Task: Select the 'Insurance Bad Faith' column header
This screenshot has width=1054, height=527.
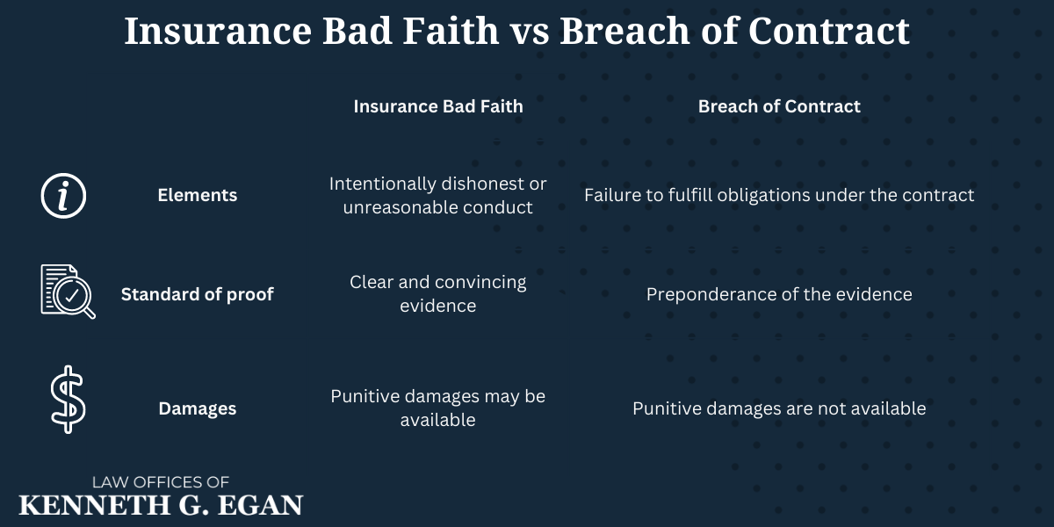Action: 437,106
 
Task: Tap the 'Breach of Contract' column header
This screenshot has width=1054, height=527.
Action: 779,106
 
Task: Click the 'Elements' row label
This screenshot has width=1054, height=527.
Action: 197,195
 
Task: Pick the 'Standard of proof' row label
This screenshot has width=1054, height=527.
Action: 197,294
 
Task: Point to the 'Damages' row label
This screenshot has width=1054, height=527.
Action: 197,408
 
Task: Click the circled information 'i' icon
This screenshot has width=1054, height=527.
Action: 64,195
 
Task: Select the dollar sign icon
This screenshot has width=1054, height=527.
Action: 66,401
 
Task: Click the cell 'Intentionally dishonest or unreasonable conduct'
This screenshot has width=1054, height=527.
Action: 437,195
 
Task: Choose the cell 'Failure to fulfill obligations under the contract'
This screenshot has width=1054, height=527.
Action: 779,195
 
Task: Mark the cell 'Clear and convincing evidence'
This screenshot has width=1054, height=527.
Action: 437,293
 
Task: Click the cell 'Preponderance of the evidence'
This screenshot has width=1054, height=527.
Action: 779,294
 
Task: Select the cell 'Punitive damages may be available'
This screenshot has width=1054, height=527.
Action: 437,408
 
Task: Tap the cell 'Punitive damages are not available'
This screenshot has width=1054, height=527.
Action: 779,408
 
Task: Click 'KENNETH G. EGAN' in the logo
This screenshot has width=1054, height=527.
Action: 161,505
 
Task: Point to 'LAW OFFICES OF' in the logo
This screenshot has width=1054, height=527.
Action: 161,482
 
